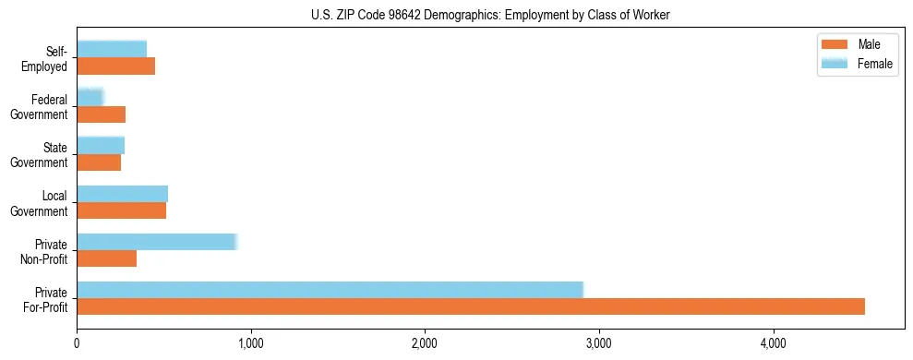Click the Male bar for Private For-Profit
point(471,306)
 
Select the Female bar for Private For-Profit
point(330,289)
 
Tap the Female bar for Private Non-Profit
point(157,242)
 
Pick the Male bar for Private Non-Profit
point(106,258)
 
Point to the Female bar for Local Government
point(122,193)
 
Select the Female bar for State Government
point(101,145)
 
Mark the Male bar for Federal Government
point(101,114)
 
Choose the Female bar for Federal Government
point(90,97)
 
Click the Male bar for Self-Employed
point(115,66)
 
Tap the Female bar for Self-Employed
point(112,49)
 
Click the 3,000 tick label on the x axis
point(599,343)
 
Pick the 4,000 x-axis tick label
point(773,343)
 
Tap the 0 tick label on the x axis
point(77,343)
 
